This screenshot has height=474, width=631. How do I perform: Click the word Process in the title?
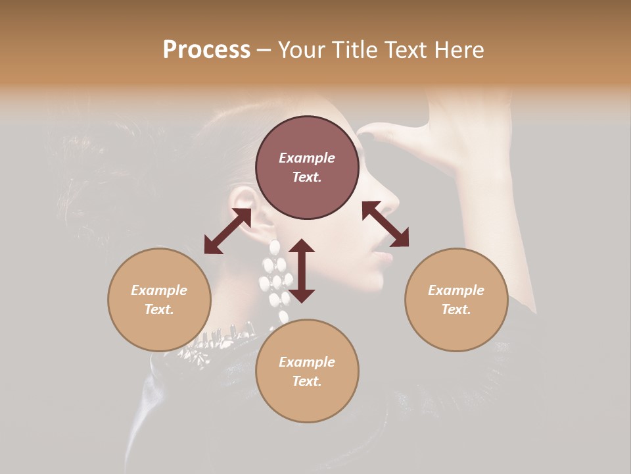pyautogui.click(x=206, y=50)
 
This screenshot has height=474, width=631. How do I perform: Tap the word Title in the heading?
pyautogui.click(x=354, y=50)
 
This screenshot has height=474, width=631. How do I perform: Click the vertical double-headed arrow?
pyautogui.click(x=302, y=271)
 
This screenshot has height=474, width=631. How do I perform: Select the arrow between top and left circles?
pyautogui.click(x=227, y=231)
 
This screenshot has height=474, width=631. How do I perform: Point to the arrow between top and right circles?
pyautogui.click(x=386, y=224)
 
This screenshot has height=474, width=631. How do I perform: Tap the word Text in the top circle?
pyautogui.click(x=307, y=177)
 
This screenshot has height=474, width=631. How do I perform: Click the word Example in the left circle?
pyautogui.click(x=159, y=290)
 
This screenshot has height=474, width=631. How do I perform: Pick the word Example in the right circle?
pyautogui.click(x=456, y=290)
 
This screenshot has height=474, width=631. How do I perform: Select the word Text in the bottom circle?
pyautogui.click(x=307, y=381)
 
